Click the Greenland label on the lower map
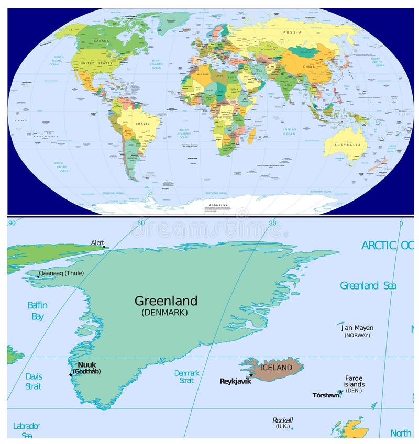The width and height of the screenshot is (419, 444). pos(166,301)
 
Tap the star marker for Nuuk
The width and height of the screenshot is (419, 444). pos(71,375)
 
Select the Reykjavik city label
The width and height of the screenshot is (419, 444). pos(236,381)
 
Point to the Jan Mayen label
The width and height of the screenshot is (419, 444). pos(357,328)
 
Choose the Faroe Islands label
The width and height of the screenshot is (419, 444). pos(354,381)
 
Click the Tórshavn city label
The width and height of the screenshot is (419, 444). pos(325,395)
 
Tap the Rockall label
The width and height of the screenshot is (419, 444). pos(283,420)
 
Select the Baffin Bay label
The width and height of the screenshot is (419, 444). pos(37,311)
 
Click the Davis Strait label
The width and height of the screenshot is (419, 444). pos(34,381)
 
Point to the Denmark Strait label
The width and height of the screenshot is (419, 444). pos(186,376)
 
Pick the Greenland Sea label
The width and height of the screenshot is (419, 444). pos(368,286)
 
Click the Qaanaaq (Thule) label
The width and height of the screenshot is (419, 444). pos(61,273)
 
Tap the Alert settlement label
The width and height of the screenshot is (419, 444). pos(97,242)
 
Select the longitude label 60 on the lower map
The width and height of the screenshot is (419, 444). pos(140,223)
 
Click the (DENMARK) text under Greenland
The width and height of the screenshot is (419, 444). pos(164,313)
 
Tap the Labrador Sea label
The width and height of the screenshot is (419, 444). pos(26,430)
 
